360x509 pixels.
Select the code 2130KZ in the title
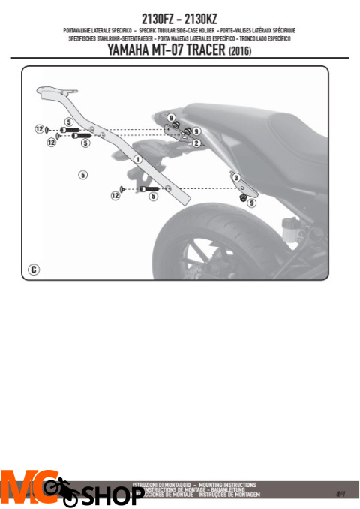(x=205, y=16)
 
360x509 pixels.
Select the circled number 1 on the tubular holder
(x=138, y=159)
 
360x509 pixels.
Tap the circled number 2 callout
(x=196, y=143)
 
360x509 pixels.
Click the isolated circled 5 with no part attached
(x=82, y=174)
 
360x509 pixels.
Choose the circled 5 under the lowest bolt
(x=153, y=197)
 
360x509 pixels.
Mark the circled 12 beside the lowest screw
(x=115, y=195)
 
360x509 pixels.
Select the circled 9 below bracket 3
(x=252, y=202)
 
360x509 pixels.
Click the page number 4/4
(x=340, y=493)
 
